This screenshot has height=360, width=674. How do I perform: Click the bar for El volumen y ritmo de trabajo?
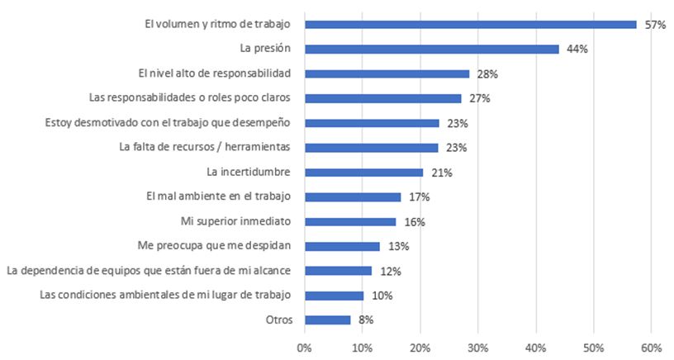click(470, 25)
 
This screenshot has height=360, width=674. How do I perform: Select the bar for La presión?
click(431, 49)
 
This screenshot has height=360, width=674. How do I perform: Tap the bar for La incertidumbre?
click(363, 173)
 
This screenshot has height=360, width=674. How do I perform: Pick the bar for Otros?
click(327, 320)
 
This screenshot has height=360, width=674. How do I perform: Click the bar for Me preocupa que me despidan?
click(342, 246)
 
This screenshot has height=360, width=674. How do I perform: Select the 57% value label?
click(655, 25)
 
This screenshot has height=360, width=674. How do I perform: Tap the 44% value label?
click(577, 49)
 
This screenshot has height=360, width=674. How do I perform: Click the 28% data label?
click(487, 73)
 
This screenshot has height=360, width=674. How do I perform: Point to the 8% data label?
click(366, 320)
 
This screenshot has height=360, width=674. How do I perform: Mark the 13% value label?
click(398, 246)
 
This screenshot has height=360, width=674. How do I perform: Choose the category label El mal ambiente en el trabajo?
click(221, 197)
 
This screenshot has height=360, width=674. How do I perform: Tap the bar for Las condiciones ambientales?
click(334, 295)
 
